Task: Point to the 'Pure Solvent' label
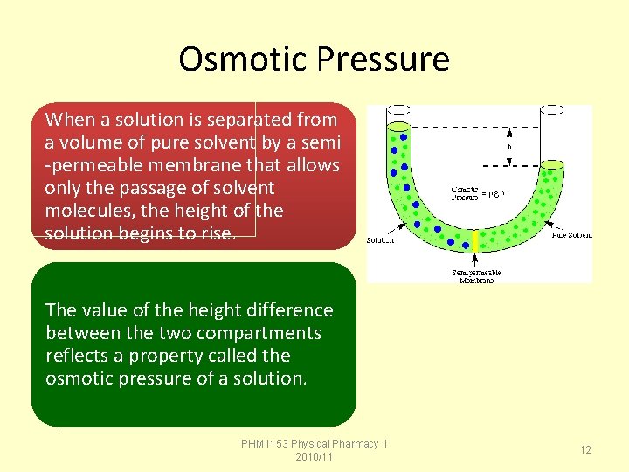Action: click(x=571, y=235)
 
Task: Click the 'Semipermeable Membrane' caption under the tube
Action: click(x=477, y=276)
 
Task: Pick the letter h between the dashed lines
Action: click(x=509, y=147)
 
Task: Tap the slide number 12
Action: click(x=585, y=449)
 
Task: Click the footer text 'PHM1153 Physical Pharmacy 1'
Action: click(x=314, y=444)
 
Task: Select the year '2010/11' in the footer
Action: click(x=314, y=457)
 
